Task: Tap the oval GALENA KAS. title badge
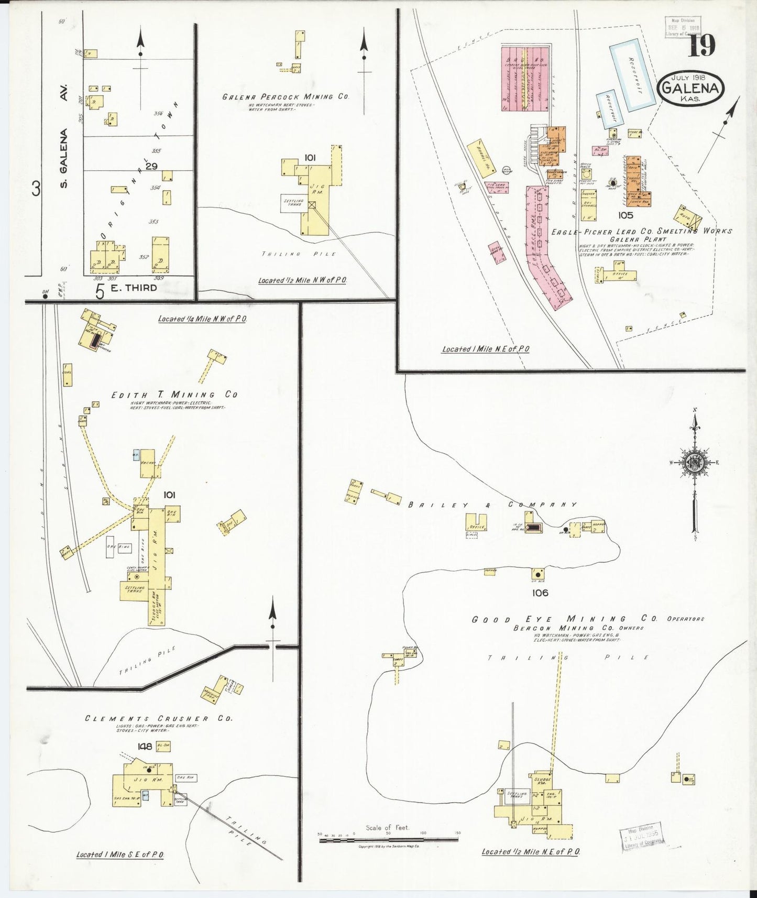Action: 690,89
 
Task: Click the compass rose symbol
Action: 695,462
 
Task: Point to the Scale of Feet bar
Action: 389,839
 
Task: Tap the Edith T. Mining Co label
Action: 174,395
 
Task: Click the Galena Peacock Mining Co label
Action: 285,97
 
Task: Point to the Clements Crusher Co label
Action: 158,718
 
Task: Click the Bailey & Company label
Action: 492,505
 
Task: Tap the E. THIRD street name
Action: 133,288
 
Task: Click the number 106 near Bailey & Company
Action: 539,593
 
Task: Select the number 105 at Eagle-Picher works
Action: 625,215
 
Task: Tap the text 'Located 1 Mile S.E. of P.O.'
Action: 120,855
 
